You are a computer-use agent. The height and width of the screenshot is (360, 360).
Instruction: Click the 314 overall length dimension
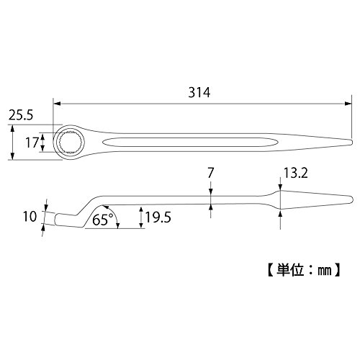click(x=199, y=92)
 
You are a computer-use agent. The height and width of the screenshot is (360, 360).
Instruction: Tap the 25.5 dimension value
click(x=21, y=115)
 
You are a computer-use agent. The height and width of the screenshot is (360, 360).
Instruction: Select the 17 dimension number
click(x=32, y=143)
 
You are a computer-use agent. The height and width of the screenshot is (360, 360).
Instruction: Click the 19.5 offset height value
click(x=158, y=217)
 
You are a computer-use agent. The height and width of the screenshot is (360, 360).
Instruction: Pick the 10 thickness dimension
click(x=30, y=216)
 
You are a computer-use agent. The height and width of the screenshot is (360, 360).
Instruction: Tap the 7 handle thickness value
click(x=210, y=173)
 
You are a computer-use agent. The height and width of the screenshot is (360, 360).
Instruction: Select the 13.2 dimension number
click(x=295, y=173)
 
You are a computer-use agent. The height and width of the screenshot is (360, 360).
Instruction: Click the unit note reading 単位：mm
click(x=304, y=271)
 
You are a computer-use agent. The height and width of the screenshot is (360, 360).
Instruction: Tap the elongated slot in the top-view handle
click(x=190, y=142)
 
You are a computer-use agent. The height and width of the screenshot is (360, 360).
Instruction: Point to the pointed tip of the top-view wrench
click(x=351, y=142)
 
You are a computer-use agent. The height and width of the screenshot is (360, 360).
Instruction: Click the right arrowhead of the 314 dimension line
click(x=348, y=104)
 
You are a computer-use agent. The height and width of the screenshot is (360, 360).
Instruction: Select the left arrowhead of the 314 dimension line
click(x=56, y=104)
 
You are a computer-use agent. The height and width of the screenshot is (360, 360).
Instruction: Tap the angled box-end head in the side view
click(x=68, y=220)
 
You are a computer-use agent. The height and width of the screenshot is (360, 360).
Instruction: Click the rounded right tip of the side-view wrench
click(x=351, y=199)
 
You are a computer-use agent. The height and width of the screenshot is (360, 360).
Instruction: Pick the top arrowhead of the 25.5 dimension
click(x=13, y=128)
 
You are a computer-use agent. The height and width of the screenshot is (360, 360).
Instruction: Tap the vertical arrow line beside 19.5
click(x=142, y=217)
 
